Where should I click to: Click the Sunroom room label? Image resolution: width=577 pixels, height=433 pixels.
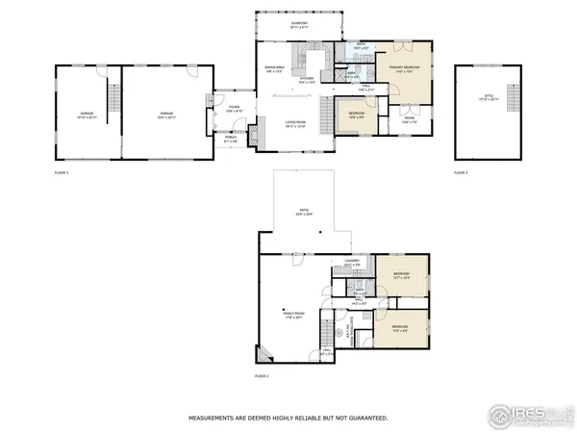point(299,26)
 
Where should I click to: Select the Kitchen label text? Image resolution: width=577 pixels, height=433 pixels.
point(309,80)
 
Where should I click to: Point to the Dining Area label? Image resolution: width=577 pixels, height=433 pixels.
point(274,67)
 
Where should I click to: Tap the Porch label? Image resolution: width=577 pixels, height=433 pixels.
point(231,139)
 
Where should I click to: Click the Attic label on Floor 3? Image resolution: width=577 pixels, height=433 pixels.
point(489,97)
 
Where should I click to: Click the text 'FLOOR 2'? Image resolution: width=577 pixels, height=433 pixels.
point(62,172)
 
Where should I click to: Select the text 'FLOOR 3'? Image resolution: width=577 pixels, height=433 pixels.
point(461,172)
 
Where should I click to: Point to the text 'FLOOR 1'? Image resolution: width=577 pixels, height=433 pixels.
point(262,375)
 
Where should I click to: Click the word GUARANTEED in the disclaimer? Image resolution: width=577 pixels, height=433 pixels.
point(367,419)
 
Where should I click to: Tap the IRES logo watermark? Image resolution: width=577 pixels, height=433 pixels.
point(527,414)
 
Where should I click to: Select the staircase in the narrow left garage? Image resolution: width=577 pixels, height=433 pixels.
point(113,97)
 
